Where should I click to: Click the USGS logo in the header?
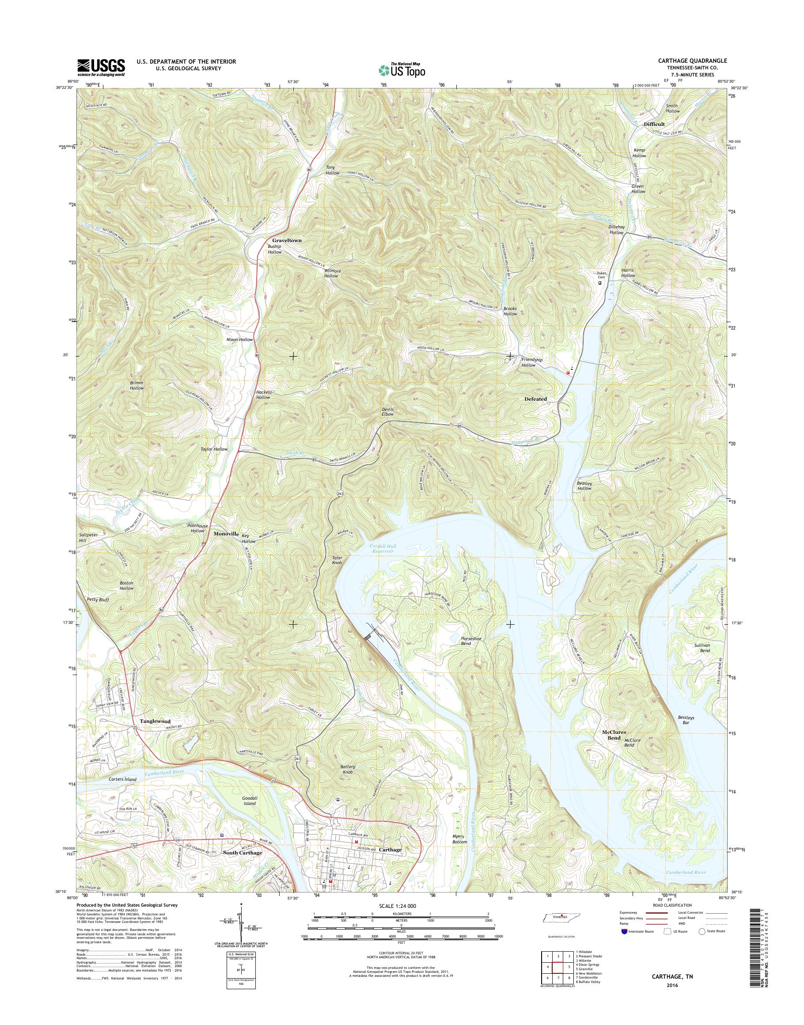click(101, 67)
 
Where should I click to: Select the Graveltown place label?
click(284, 240)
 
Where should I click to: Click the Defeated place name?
click(535, 399)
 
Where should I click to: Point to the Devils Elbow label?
click(387, 411)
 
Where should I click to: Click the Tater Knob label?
click(337, 560)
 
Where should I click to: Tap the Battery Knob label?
click(347, 769)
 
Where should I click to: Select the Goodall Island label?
click(250, 801)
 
